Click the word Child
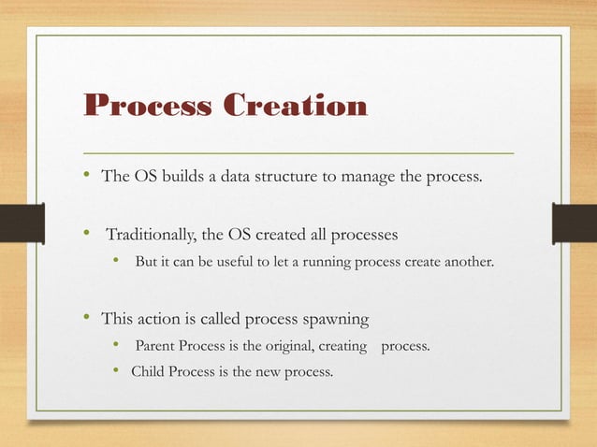[x=148, y=372]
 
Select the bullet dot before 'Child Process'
[x=117, y=372]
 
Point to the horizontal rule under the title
[x=299, y=151]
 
